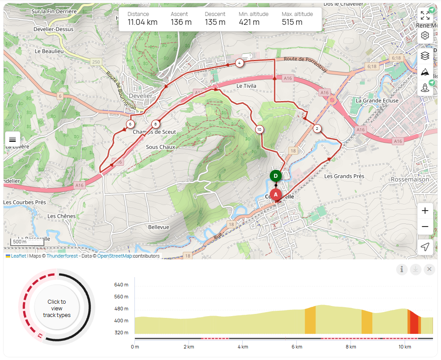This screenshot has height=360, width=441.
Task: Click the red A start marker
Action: (276, 194)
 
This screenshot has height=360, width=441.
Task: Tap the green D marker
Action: (276, 176)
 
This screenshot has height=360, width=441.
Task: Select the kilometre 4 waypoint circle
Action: (239, 63)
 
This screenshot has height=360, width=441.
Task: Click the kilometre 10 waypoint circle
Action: (259, 129)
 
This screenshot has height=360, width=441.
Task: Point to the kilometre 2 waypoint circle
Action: (317, 129)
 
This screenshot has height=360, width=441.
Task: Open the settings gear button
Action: (425, 35)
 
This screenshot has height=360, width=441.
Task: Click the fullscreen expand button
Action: (425, 16)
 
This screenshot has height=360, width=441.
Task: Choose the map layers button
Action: (425, 55)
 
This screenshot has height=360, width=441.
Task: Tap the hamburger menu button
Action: (12, 139)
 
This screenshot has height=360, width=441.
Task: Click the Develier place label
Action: (141, 96)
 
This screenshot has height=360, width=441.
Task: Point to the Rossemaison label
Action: (410, 180)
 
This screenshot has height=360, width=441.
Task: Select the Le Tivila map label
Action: (246, 86)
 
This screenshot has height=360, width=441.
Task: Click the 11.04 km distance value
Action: (142, 22)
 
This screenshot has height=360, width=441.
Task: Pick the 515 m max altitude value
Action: (292, 22)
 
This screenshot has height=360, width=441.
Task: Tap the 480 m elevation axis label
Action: (121, 309)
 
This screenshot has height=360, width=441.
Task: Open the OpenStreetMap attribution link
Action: (114, 256)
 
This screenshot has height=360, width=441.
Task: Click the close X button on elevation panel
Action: (429, 269)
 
